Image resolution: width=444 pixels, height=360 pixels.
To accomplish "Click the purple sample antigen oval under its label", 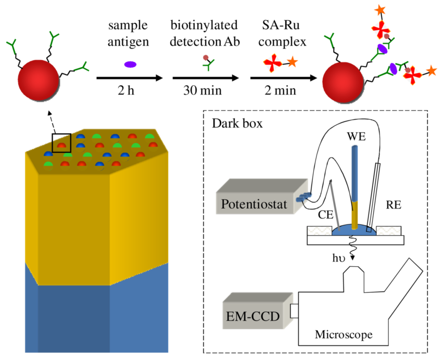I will [130, 65].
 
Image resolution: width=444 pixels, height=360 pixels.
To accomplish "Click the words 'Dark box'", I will [233, 125].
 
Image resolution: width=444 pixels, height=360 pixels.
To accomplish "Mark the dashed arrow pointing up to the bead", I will [50, 119].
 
